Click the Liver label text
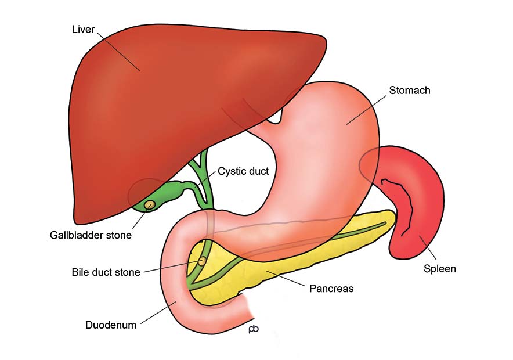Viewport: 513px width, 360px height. (x=83, y=30)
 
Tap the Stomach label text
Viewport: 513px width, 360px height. (x=410, y=91)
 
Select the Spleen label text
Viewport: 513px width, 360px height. (x=440, y=269)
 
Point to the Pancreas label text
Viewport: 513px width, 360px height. (x=331, y=289)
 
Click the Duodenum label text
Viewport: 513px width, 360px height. (x=111, y=325)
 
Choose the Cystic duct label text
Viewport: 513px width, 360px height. (x=243, y=171)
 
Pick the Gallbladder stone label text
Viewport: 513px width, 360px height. (x=91, y=235)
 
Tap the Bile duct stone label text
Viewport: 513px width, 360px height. (x=106, y=272)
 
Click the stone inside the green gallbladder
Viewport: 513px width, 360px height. (x=150, y=204)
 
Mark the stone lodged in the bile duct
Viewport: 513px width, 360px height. (x=202, y=261)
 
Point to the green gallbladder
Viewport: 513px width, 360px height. (x=164, y=195)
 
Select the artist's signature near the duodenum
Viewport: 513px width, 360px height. (x=254, y=328)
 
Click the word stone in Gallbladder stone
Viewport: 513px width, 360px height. (x=118, y=235)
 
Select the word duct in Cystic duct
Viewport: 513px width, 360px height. (x=258, y=171)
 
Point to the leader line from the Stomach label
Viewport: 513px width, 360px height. (x=366, y=110)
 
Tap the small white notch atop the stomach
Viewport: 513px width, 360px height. (x=276, y=118)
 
